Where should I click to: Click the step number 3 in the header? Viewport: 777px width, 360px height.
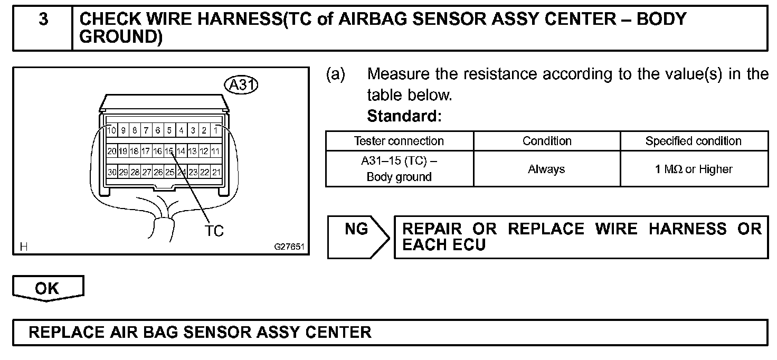43,20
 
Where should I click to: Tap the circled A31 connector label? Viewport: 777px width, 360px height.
241,85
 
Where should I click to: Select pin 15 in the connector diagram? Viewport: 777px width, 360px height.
169,151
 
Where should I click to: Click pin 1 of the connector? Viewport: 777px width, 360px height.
216,130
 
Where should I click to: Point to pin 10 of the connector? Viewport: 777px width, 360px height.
112,130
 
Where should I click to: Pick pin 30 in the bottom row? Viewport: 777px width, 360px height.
112,172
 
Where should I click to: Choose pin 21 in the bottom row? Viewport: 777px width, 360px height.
216,172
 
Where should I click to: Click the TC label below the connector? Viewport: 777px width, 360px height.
214,231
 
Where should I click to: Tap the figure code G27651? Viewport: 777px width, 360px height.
289,247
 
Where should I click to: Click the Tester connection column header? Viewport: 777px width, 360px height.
399,141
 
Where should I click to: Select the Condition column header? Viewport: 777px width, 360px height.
547,141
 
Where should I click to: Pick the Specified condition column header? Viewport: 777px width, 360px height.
693,141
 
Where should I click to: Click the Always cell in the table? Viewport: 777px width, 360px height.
546,169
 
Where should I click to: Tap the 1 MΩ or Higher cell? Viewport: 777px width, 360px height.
694,169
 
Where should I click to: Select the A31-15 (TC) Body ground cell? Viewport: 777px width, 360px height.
399,169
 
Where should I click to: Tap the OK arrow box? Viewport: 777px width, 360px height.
48,288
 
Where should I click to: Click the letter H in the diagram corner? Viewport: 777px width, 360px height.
23,247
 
